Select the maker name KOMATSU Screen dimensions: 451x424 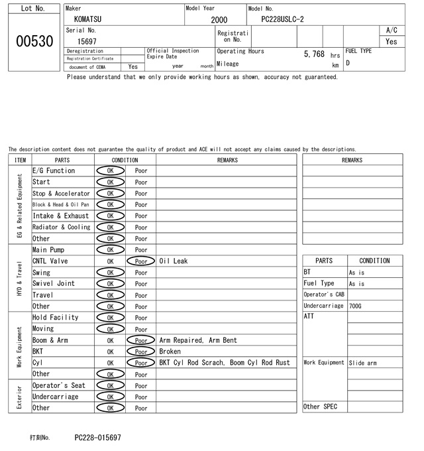pos(88,19)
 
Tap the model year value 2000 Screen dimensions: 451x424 pos(219,20)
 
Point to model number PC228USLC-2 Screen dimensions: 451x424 pos(283,19)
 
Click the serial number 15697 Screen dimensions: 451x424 pos(87,41)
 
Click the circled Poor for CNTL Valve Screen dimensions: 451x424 pos(140,261)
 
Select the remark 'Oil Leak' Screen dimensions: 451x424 pos(174,261)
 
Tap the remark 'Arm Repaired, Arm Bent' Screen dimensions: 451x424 pos(195,340)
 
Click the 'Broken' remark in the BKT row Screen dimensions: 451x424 pos(170,352)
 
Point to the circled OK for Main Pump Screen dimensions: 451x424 pos(110,250)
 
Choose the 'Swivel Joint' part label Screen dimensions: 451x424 pos(53,284)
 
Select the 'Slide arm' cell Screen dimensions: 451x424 pos(362,363)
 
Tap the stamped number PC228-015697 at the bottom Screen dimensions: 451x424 pos(97,438)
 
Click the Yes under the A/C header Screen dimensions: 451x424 pos(392,41)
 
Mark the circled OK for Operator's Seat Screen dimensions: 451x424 pos(110,385)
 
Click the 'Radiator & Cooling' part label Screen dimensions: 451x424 pos(61,227)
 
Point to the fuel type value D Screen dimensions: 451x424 pos(348,64)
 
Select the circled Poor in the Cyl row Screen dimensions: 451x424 pos(140,363)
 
